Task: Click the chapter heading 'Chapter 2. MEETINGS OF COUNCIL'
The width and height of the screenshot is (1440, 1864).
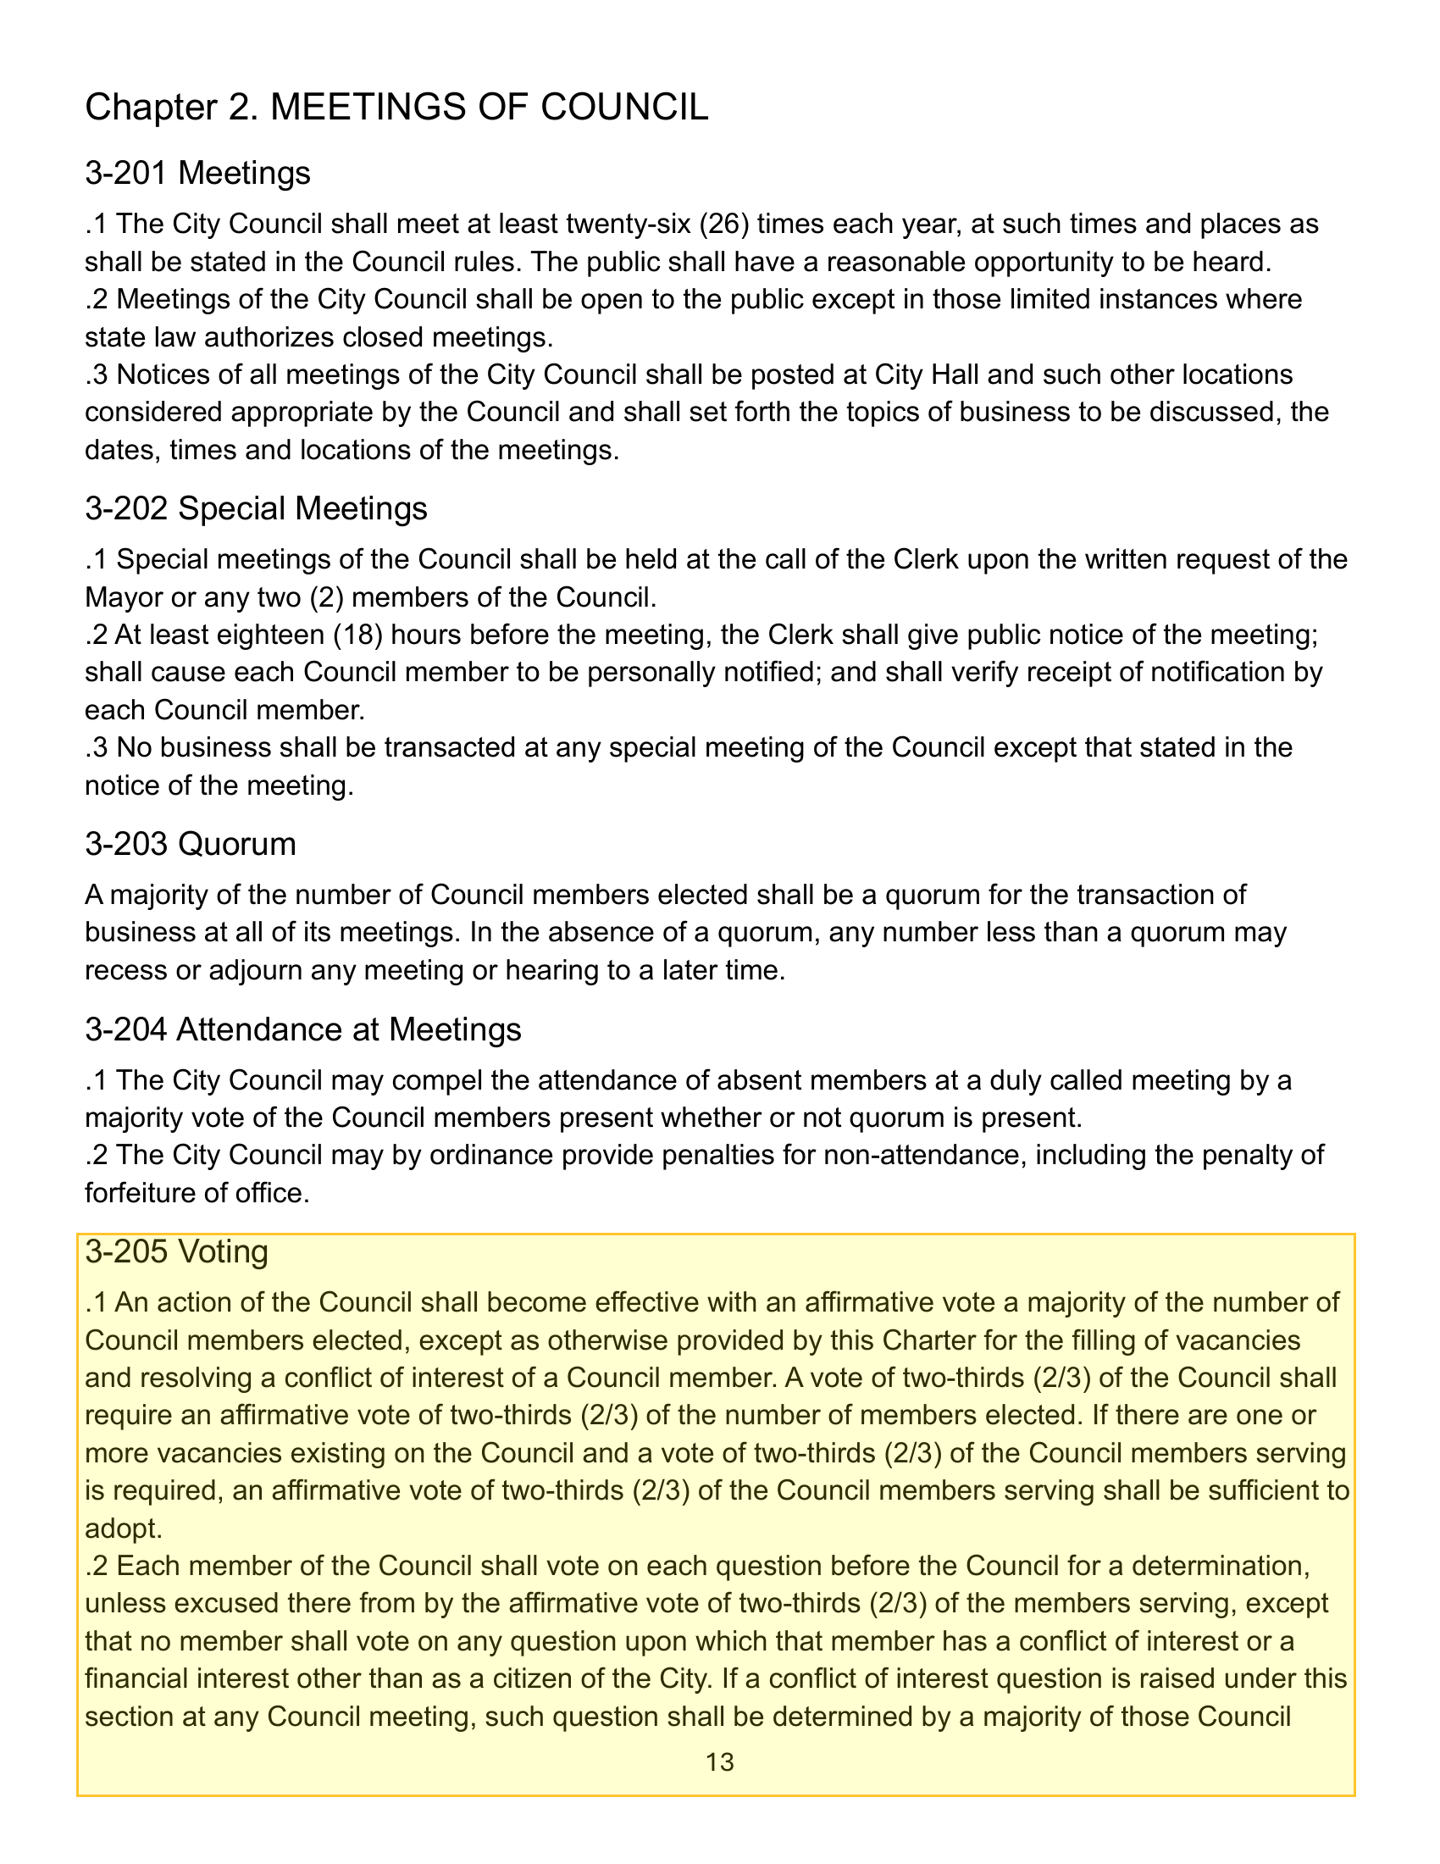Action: (396, 108)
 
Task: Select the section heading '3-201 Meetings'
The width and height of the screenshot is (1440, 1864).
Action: (198, 173)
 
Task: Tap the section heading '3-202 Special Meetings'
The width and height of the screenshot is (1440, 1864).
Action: (256, 508)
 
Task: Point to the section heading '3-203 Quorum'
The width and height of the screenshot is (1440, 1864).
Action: (191, 844)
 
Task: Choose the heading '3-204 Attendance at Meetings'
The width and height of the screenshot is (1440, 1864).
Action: (303, 1030)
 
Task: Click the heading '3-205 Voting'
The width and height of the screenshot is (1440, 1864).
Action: (176, 1252)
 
